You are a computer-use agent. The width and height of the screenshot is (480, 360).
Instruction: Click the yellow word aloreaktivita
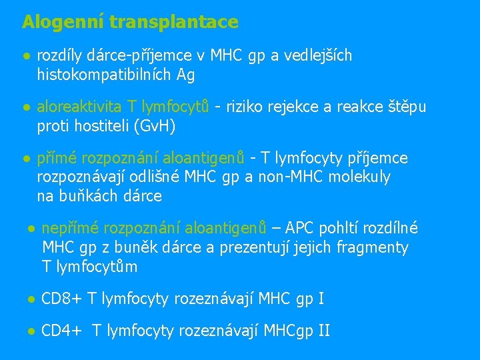tap(79, 107)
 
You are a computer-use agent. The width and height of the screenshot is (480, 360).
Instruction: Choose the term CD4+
tap(62, 330)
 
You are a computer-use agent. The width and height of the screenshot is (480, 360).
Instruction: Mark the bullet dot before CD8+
tap(31, 299)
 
